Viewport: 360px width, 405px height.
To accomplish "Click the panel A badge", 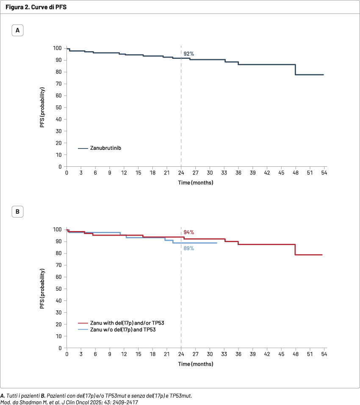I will point(17,31).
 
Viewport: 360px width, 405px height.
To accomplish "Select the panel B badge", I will point(17,212).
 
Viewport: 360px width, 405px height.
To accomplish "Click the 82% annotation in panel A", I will point(188,54).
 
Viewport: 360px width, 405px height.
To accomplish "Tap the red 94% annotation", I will point(188,232).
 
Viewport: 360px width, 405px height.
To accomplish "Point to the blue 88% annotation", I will point(188,248).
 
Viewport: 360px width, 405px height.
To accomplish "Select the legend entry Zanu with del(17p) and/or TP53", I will point(127,323).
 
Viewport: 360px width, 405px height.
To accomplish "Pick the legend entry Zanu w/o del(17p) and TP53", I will point(123,329).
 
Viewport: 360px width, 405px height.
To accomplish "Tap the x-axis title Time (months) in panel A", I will point(195,183).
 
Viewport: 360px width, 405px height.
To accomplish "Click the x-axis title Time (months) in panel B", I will point(195,364).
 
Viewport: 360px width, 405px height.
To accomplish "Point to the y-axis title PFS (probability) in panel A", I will point(42,107).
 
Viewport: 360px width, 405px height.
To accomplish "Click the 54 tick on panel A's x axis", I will point(324,173).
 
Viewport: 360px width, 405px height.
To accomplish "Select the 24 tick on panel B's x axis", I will point(181,354).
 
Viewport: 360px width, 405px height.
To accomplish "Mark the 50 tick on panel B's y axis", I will point(59,289).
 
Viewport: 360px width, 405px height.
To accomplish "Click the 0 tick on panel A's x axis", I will point(66,173).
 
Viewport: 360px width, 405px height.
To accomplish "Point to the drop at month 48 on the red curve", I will point(295,250).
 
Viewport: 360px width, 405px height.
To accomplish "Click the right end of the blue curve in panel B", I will point(217,243).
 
